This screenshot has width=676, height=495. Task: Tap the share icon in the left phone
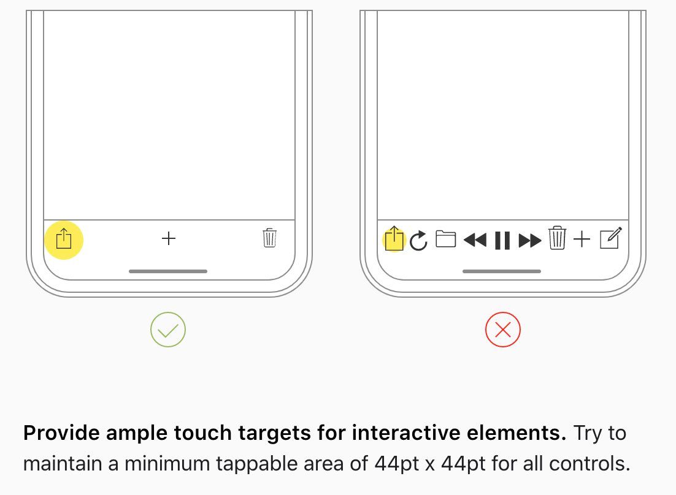coord(64,238)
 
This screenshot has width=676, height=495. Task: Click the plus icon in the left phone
coord(169,238)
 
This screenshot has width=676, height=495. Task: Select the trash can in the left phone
coord(269,238)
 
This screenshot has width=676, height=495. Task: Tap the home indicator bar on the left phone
coord(168,271)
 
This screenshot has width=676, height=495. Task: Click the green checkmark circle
coord(168,330)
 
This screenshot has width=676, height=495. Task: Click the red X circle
coord(502,330)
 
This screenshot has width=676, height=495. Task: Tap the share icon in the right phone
coord(394,238)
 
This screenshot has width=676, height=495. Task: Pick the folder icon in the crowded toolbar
coord(446,239)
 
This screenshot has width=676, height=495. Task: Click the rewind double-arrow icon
coord(475,240)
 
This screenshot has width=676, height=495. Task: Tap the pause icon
coord(502,240)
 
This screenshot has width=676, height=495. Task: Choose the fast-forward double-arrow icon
coord(530,240)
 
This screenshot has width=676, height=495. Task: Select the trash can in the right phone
coord(557,238)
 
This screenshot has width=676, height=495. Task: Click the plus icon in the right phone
coord(582,239)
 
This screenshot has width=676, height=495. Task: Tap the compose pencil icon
coord(611,238)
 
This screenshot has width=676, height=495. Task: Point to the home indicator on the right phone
coord(502,271)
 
